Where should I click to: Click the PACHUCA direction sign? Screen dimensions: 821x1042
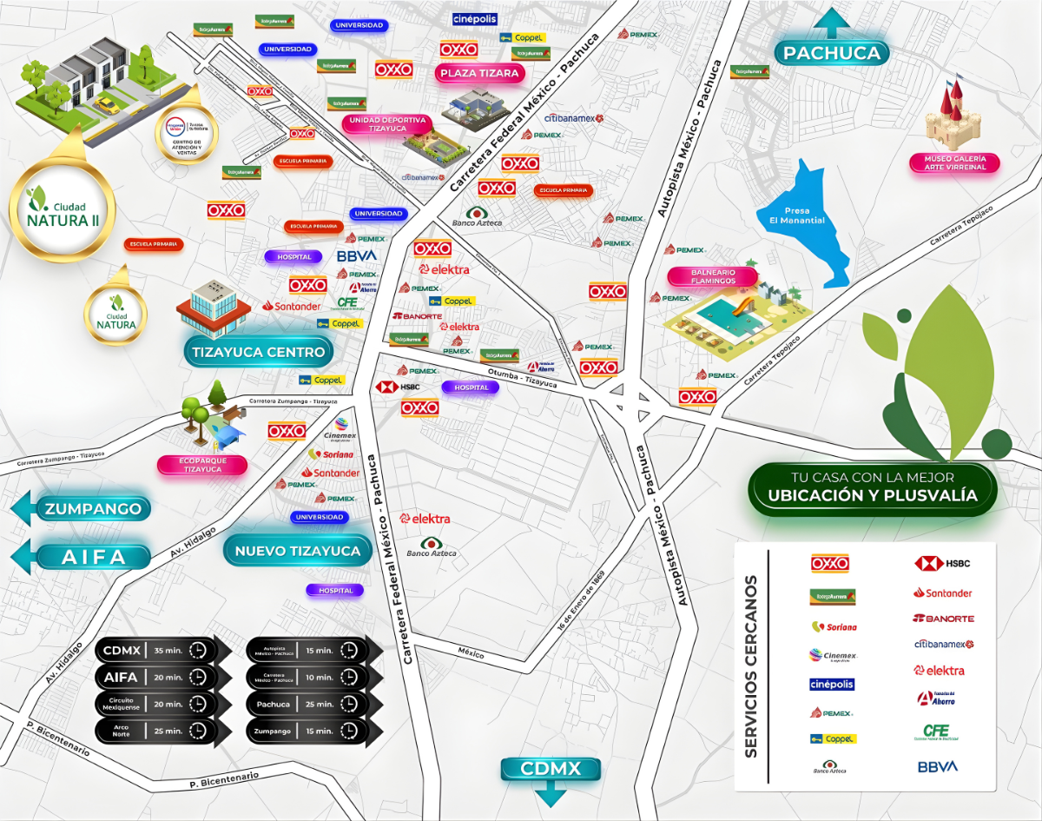pos(831,53)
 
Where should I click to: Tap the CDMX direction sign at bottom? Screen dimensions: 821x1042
pos(550,769)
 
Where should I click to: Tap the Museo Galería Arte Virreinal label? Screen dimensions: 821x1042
pos(954,162)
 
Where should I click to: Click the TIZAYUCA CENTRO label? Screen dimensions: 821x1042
pos(258,352)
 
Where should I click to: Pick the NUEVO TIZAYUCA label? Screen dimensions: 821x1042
pos(297,551)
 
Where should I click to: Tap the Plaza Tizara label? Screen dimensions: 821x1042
pos(479,73)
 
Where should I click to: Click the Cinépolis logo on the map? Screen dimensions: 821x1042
pos(475,19)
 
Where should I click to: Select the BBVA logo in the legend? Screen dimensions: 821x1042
pos(937,766)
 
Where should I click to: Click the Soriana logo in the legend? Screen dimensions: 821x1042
pos(833,626)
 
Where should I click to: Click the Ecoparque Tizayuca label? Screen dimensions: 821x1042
pos(201,465)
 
